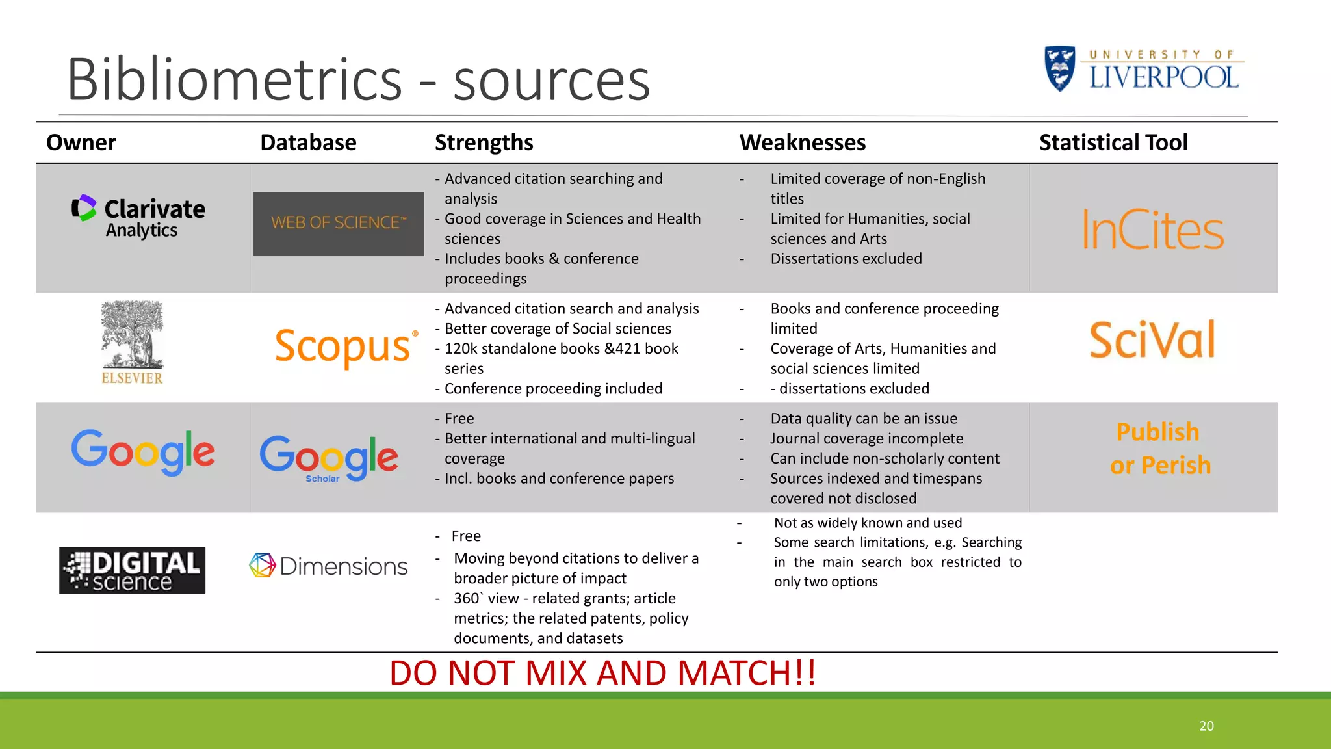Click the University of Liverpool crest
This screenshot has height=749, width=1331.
point(1059,68)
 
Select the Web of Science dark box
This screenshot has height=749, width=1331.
point(339,224)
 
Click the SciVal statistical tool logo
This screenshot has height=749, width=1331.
point(1152,339)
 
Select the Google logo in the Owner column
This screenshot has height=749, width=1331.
point(143,452)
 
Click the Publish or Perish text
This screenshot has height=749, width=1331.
point(1159,449)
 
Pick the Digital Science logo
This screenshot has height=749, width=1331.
point(132,570)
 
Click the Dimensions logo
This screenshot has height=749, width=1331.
point(328,566)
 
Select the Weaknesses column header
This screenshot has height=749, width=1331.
point(803,142)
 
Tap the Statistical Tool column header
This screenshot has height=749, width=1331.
point(1113,142)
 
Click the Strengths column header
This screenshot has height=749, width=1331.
point(484,142)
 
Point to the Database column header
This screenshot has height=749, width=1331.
point(308,142)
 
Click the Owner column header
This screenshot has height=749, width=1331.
point(81,142)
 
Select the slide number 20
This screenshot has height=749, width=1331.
point(1206,726)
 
